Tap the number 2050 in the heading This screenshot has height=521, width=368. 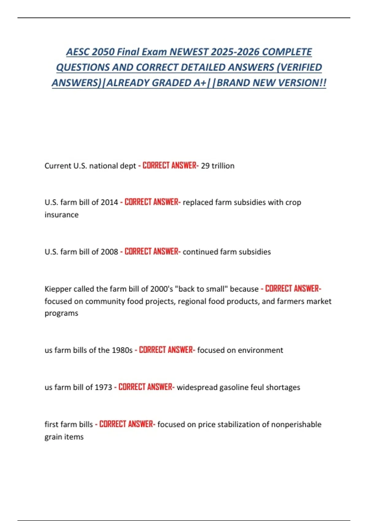103,52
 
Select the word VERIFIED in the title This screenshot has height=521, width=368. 301,67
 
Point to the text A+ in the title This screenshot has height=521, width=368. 200,83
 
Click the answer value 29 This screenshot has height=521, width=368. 205,166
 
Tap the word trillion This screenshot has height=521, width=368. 223,166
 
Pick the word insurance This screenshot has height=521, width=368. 61,215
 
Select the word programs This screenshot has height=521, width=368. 61,313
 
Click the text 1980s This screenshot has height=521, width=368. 122,350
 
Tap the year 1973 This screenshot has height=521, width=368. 103,387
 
